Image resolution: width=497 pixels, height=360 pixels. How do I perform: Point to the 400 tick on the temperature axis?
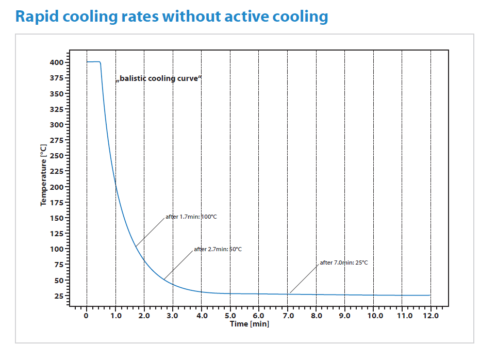click(57, 62)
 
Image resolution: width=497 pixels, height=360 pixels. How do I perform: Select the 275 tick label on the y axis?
click(57, 140)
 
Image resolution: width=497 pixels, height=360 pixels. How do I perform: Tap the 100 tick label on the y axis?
click(57, 249)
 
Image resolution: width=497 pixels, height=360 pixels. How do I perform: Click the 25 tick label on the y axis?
click(59, 296)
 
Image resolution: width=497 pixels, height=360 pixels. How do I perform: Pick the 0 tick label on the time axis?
click(86, 316)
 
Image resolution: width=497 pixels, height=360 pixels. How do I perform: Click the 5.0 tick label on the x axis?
click(230, 316)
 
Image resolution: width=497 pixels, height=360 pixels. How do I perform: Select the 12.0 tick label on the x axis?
click(430, 316)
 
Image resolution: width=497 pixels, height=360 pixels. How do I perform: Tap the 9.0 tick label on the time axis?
click(344, 316)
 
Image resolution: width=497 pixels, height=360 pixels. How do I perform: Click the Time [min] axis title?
click(250, 324)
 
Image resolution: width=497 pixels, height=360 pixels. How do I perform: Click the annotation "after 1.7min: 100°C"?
click(191, 217)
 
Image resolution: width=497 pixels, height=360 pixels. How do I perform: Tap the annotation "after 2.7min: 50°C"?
click(218, 250)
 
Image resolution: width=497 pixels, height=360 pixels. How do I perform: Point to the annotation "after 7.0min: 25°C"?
click(344, 263)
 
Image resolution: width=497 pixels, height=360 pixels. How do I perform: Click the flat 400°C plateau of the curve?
click(93, 62)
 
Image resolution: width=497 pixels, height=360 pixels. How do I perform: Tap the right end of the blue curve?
click(430, 296)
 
